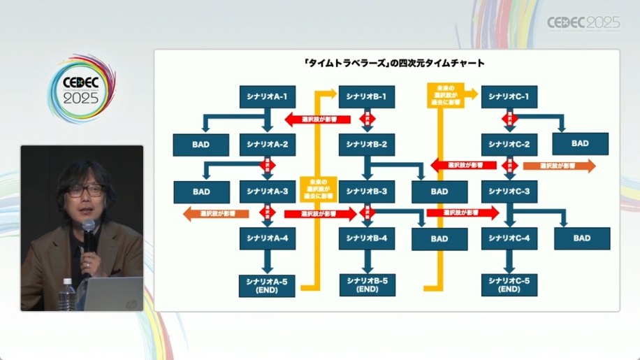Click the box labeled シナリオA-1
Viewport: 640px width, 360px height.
pos(268,97)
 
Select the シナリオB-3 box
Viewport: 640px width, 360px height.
pos(367,191)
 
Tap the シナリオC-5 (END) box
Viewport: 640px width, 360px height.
pos(509,285)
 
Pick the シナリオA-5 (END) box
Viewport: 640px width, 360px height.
pos(268,285)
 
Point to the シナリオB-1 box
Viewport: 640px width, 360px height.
pos(367,97)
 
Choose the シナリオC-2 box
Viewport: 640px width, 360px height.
pos(509,145)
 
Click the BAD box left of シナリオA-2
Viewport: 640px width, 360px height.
pos(201,145)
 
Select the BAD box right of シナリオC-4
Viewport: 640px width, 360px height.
pos(582,238)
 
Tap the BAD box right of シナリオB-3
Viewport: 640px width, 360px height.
pos(439,192)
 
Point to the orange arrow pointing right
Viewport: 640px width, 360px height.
pos(559,166)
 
